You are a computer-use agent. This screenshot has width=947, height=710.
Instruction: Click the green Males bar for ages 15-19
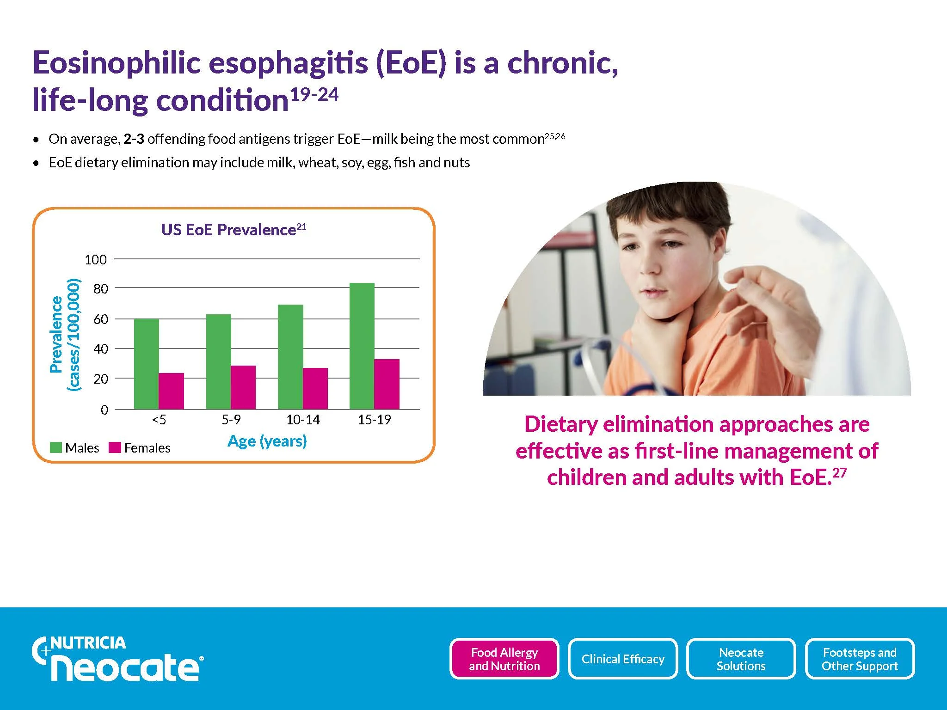(362, 346)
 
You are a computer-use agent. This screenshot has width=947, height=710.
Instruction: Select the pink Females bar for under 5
(172, 391)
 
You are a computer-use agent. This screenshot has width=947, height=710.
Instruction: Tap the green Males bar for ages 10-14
(290, 357)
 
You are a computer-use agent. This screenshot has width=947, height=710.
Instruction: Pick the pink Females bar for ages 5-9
(243, 387)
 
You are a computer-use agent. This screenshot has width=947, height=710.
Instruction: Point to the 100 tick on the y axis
(96, 260)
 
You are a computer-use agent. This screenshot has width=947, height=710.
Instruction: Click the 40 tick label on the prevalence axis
(101, 349)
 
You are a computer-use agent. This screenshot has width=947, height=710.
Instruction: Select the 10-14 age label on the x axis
(303, 420)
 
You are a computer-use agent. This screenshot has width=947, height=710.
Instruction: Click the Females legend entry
(140, 447)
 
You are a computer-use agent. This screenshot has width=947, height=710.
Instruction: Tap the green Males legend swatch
(56, 447)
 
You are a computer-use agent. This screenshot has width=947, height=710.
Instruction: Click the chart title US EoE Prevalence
(234, 230)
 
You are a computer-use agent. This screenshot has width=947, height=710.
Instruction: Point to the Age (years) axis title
(267, 441)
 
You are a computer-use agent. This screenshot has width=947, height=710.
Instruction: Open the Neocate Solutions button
(741, 659)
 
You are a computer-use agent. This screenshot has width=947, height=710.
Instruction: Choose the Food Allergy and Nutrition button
(504, 659)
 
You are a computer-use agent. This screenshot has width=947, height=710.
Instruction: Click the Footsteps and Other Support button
(860, 659)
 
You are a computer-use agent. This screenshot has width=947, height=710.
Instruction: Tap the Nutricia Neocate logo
(117, 659)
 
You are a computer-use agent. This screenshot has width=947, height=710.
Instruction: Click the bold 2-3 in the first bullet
(134, 139)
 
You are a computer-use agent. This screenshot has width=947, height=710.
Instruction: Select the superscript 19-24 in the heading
(315, 94)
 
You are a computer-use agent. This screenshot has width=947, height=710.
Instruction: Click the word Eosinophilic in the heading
(117, 63)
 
